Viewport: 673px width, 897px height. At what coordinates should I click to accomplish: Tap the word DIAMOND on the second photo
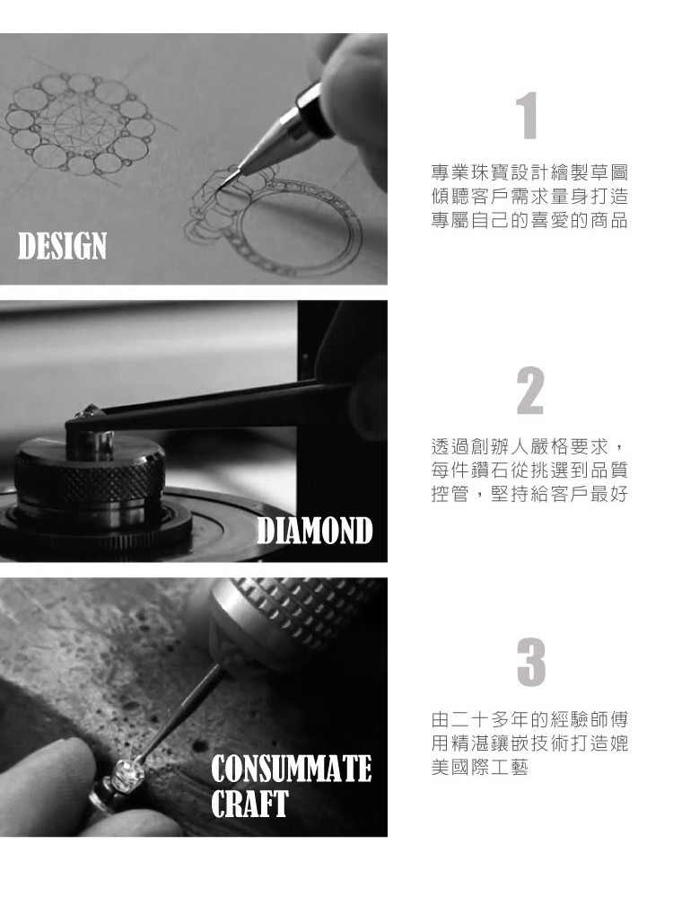point(314,531)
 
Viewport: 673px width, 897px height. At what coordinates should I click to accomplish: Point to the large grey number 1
point(530,116)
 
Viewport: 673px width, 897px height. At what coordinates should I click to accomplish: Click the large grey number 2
point(530,391)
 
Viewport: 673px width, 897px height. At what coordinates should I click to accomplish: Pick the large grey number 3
point(530,664)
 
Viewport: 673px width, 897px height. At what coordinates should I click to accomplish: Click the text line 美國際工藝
point(479,769)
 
